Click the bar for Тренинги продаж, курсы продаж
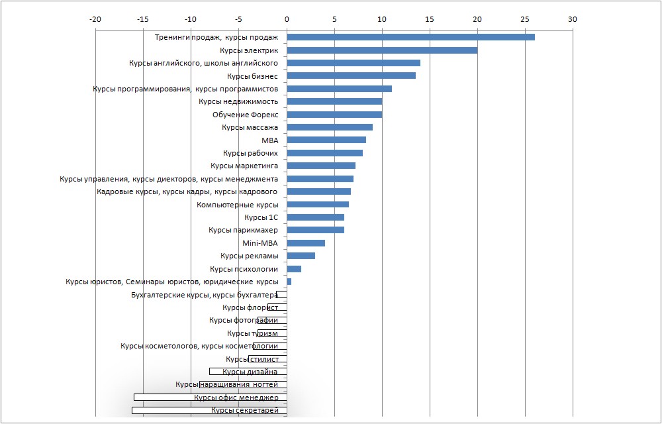pos(410,37)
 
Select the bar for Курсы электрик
pos(382,50)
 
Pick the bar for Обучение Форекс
pos(334,115)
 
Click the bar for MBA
pos(326,140)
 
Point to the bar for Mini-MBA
pos(306,243)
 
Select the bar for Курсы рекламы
pos(301,256)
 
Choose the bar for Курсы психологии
pos(294,269)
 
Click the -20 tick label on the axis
pos(95,19)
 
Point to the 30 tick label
pos(573,19)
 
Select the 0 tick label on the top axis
pos(287,19)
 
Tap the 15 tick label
pos(430,19)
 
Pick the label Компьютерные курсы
pos(238,205)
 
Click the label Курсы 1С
pos(261,217)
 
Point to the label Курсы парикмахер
pos(244,230)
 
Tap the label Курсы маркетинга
pos(244,166)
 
